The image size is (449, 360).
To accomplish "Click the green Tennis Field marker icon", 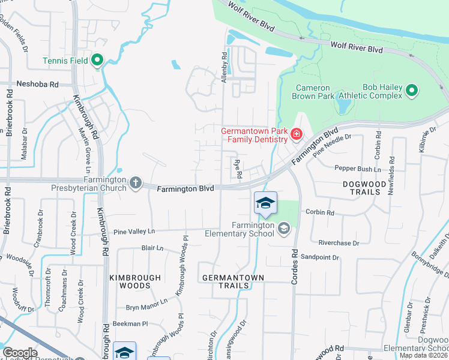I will pyautogui.click(x=97, y=60).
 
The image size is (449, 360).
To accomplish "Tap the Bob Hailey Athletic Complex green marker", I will pyautogui.click(x=411, y=91).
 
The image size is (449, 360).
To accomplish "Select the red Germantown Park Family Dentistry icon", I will pyautogui.click(x=295, y=134).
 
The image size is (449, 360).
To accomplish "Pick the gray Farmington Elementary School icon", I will pyautogui.click(x=283, y=227).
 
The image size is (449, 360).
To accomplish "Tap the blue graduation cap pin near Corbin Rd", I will pyautogui.click(x=265, y=205).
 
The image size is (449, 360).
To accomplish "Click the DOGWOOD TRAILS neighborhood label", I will pyautogui.click(x=362, y=188).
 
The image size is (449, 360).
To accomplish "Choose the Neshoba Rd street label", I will pyautogui.click(x=37, y=85).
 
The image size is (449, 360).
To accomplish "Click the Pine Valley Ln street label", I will pyautogui.click(x=134, y=231).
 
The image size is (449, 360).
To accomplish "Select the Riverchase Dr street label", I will pyautogui.click(x=338, y=243).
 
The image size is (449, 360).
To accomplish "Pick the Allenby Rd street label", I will pyautogui.click(x=224, y=67).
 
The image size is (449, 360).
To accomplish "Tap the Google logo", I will pyautogui.click(x=20, y=353).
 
